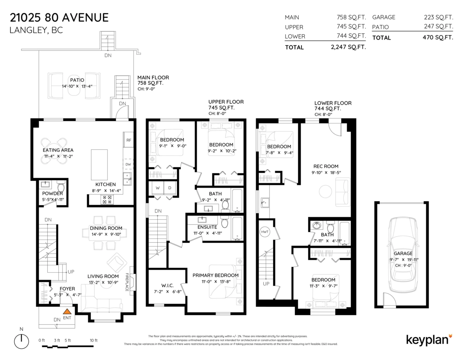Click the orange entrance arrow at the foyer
67,311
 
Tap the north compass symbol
22,341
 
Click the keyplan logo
429,339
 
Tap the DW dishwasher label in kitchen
128,164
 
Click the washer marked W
158,188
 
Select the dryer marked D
170,188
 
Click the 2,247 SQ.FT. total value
346,47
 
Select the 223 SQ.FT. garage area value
438,17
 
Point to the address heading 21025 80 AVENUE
59,17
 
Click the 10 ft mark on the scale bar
93,340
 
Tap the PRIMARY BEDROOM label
215,275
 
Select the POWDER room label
52,193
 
